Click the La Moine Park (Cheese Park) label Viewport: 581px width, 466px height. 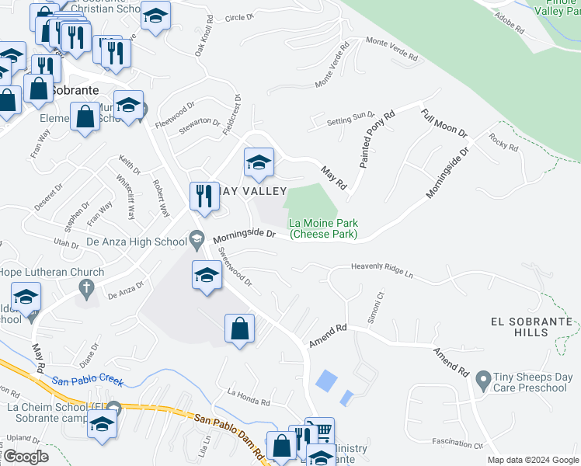pos(324,228)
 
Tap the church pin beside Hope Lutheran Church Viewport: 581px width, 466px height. pos(87,289)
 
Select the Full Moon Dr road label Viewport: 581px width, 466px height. pos(444,123)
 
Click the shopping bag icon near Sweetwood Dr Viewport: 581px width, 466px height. pos(240,328)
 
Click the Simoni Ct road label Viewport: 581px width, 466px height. pos(377,305)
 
